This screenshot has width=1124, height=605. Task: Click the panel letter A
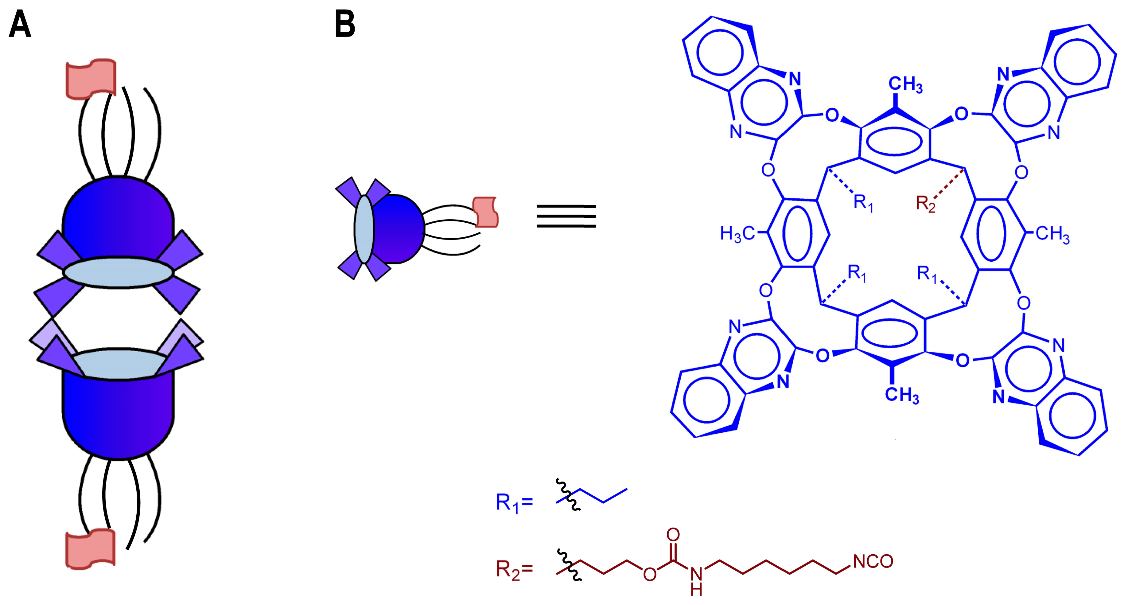(20, 25)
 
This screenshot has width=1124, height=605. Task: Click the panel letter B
(345, 25)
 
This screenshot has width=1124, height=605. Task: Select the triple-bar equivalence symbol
(566, 217)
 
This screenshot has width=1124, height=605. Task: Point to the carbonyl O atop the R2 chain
(673, 534)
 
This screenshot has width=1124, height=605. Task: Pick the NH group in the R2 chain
(696, 580)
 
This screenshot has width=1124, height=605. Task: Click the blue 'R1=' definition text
(514, 502)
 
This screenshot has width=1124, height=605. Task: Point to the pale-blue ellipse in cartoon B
(364, 229)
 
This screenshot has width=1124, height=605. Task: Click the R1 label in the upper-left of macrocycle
(863, 203)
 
